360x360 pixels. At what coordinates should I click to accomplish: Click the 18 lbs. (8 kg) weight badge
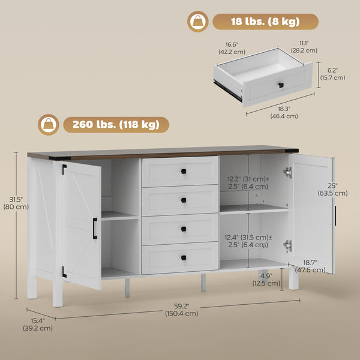tap(265, 22)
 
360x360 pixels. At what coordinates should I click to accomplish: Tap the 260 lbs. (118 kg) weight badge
tap(116, 125)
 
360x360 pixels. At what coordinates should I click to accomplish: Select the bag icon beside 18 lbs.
tap(197, 22)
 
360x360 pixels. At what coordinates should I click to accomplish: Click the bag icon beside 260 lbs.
tap(47, 125)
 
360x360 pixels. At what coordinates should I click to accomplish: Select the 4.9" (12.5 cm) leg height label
tap(263, 279)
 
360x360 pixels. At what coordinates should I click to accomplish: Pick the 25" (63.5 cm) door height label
tap(333, 190)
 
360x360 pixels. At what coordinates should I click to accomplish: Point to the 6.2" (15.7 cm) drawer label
tap(332, 74)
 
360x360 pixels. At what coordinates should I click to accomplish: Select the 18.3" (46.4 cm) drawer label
tap(285, 112)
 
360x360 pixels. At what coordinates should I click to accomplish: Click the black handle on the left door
tap(94, 229)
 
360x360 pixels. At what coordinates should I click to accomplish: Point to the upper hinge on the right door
tap(288, 173)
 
